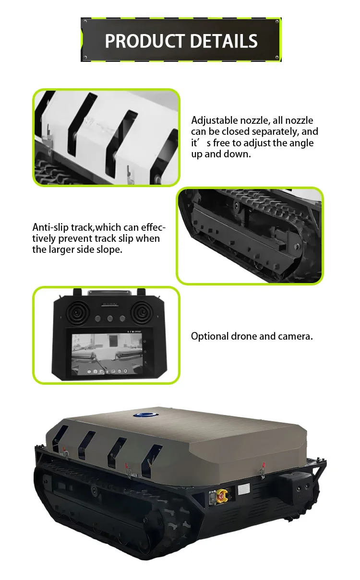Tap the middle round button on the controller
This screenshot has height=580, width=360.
(x=109, y=318)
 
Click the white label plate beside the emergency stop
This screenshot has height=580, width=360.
(x=244, y=489)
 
